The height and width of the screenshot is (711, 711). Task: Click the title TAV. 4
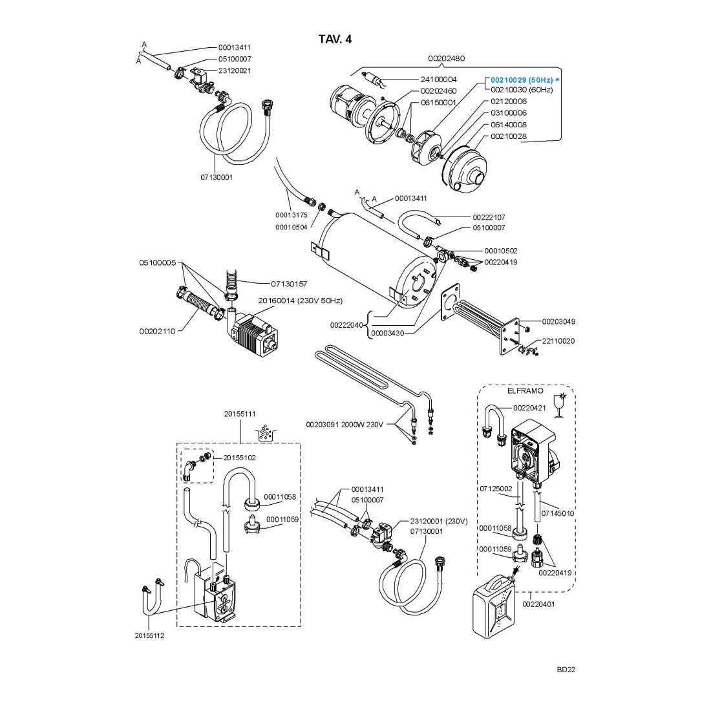(x=335, y=39)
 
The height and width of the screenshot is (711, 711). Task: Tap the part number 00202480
(x=446, y=58)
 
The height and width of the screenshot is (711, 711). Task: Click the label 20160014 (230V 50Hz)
(x=300, y=301)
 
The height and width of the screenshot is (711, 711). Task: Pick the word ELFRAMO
(x=530, y=391)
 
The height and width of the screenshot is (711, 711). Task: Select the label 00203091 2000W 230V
(x=345, y=425)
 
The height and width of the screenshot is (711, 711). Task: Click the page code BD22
(x=566, y=670)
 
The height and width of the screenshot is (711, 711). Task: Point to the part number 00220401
(x=538, y=604)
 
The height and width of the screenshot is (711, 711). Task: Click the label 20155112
(x=149, y=635)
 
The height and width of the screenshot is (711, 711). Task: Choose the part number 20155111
(x=240, y=414)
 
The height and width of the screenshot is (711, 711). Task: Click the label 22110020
(x=558, y=341)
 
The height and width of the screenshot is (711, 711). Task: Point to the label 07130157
(x=289, y=284)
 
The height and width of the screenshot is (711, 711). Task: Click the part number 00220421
(x=529, y=408)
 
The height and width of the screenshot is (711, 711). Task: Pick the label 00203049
(x=558, y=321)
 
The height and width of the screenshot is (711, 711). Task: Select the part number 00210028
(x=509, y=136)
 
